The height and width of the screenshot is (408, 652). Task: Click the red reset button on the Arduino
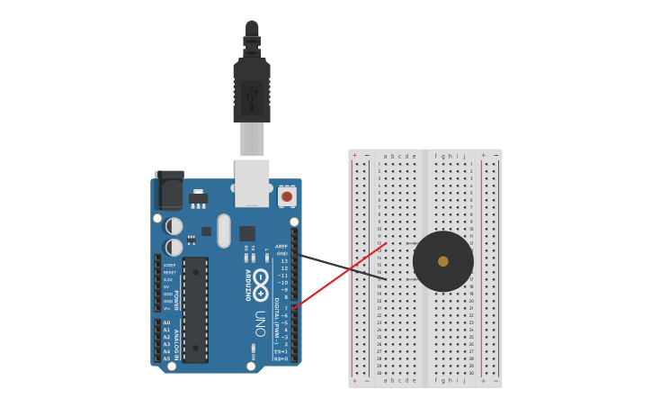point(287,195)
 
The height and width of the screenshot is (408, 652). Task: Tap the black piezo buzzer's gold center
point(442,261)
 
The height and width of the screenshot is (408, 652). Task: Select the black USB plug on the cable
point(252,90)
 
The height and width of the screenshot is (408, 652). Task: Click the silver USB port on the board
point(252,177)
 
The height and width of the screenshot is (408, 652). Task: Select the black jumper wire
point(342,267)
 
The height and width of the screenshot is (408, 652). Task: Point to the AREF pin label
point(281,246)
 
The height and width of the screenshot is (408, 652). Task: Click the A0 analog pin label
point(166,322)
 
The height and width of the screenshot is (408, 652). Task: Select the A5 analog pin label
point(166,358)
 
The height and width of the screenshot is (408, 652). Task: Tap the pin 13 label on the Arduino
point(283,261)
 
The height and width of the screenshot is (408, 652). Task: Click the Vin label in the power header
point(167,308)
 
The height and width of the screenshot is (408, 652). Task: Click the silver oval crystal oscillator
point(224,231)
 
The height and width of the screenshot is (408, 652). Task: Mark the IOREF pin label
point(169,265)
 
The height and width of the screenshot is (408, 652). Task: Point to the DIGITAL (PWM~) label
point(276,315)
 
